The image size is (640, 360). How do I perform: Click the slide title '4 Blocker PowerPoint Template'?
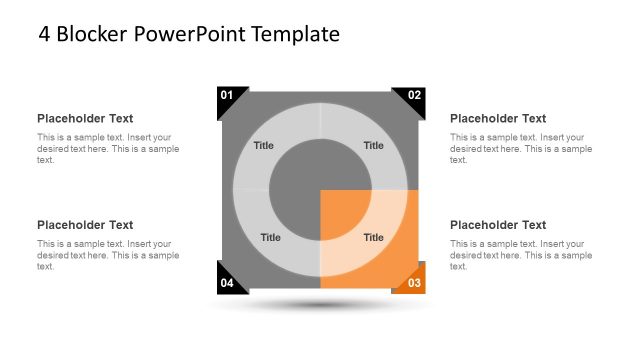189,34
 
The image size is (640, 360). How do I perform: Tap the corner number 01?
227,95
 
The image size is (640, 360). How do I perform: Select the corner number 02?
415,95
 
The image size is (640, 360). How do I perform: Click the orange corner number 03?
415,284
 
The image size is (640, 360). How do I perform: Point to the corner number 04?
227,284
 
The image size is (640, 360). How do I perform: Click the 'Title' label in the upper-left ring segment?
263,146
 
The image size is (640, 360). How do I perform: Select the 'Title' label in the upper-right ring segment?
373,146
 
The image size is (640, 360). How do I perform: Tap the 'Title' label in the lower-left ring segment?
270,238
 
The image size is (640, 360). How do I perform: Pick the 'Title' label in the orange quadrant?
373,238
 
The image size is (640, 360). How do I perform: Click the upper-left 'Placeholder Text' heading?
85,118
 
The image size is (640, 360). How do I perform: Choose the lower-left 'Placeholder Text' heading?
85,225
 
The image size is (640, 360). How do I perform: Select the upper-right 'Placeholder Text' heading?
498,118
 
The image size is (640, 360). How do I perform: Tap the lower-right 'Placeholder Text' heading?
498,225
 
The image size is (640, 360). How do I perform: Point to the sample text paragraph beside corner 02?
521,148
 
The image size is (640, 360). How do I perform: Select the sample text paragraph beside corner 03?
521,255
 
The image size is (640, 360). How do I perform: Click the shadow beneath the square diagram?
320,304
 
